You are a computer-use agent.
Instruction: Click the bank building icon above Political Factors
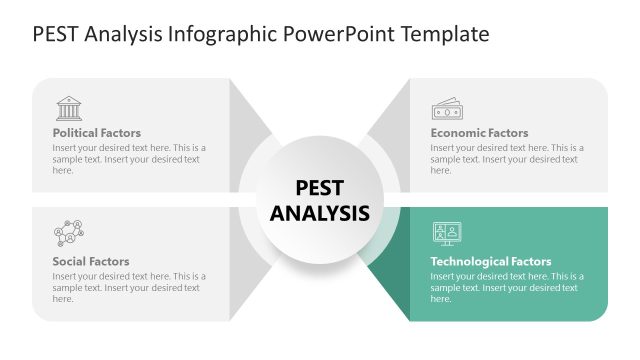69,108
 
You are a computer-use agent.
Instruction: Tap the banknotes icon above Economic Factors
446,108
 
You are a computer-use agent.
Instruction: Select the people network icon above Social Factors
68,234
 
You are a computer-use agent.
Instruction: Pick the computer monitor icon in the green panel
446,234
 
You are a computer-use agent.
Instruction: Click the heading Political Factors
96,133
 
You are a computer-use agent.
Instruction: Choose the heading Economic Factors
479,133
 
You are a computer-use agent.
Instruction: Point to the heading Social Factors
90,262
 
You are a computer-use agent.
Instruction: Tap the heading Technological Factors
490,262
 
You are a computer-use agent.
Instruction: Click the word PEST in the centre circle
320,188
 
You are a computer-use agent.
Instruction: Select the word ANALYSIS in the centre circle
320,213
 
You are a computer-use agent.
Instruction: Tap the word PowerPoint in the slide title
341,34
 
